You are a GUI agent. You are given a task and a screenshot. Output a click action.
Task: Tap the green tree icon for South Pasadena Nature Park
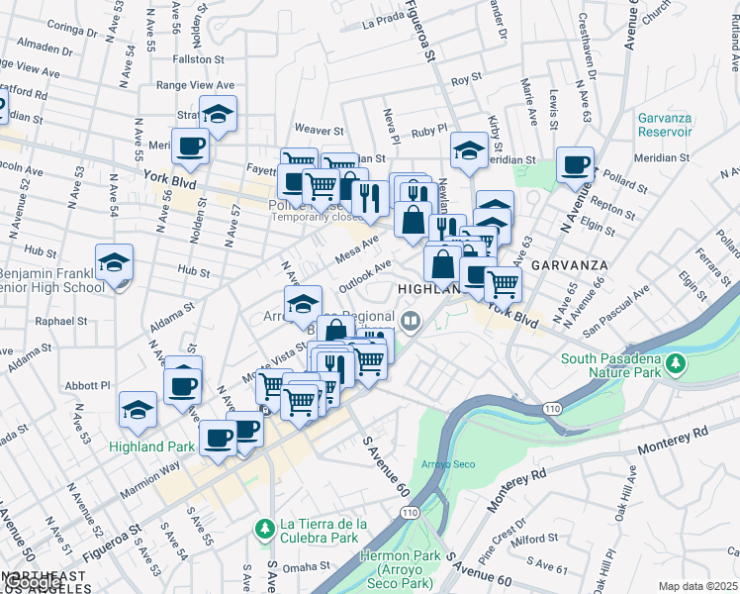tap(677, 363)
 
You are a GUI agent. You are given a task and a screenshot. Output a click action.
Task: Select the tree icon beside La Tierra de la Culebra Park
tap(264, 530)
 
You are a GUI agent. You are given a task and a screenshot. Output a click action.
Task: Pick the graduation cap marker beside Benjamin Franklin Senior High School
tap(115, 264)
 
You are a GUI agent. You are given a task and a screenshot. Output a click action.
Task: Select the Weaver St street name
tap(319, 130)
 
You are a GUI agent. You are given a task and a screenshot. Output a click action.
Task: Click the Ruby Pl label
tap(429, 130)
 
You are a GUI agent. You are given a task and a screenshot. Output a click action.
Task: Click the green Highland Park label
tap(152, 446)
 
